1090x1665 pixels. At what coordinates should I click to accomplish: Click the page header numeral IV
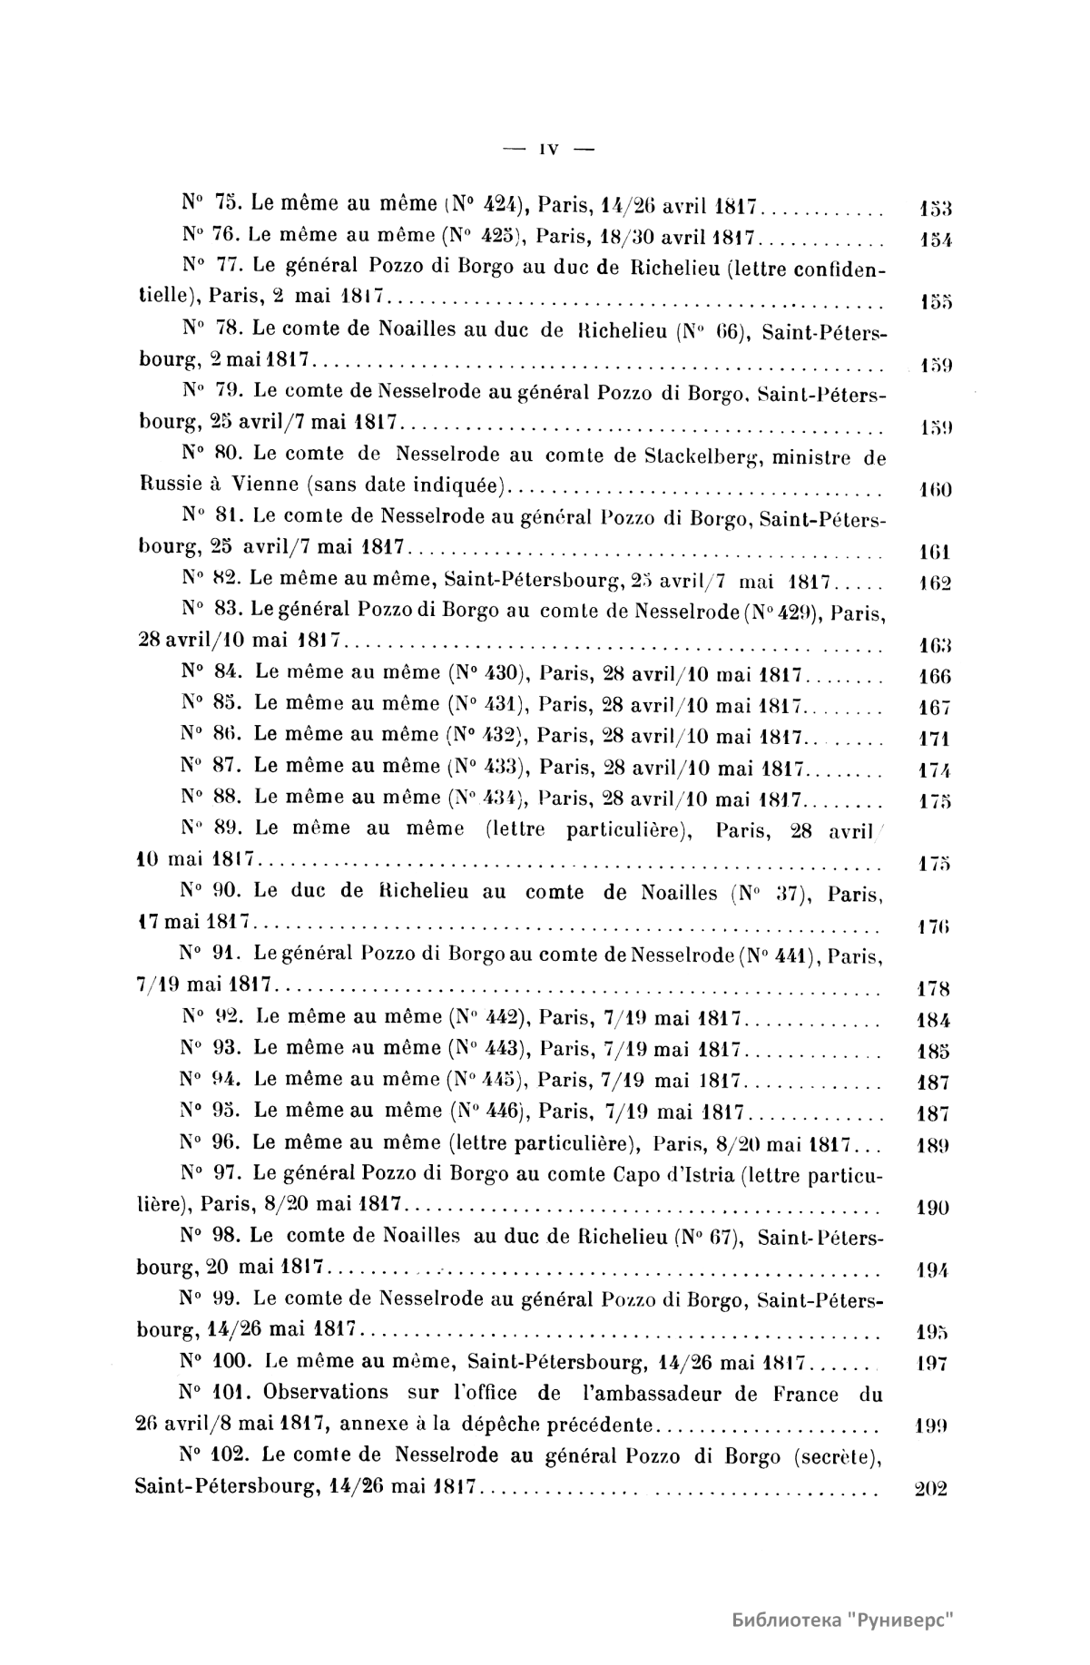pos(548,150)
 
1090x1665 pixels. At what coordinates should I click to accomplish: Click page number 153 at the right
pos(928,211)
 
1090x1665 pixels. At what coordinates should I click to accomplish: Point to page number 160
pos(928,492)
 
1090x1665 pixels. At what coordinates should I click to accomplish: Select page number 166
pos(928,676)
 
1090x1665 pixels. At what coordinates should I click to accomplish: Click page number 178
pos(928,989)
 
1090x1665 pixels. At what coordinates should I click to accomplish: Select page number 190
pos(928,1208)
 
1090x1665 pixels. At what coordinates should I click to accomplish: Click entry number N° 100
pos(215,1361)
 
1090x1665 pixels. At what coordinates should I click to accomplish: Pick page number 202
pos(928,1489)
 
